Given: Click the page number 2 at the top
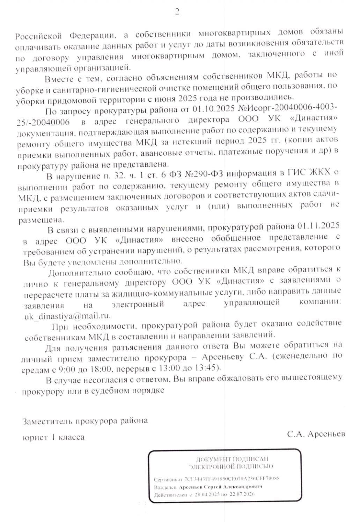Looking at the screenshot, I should [177, 12].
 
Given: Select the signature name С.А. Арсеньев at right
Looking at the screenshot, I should [316, 434].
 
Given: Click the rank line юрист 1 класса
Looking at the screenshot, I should [53, 437].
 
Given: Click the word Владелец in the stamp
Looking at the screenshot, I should [166, 487].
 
